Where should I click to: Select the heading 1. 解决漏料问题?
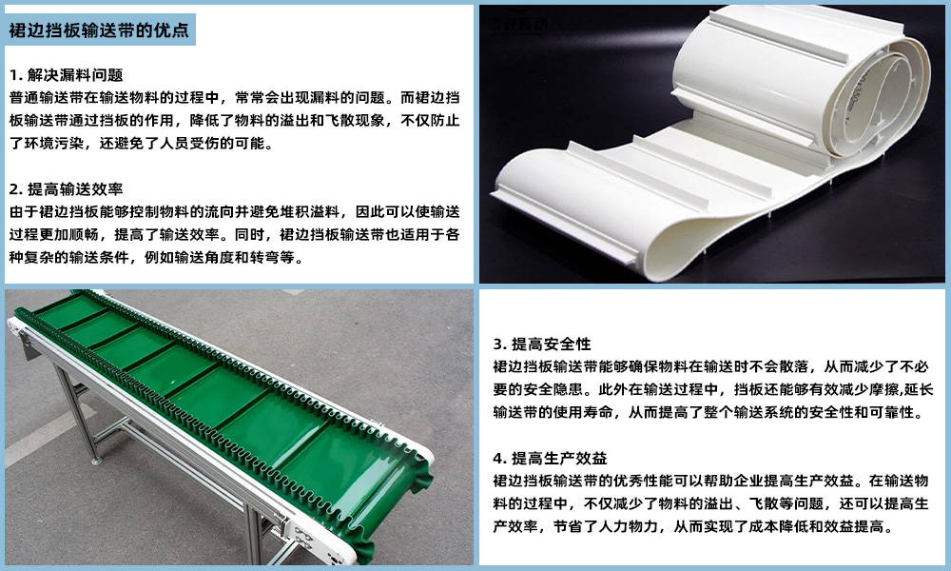tap(66, 74)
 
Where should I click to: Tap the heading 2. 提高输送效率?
tap(66, 187)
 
